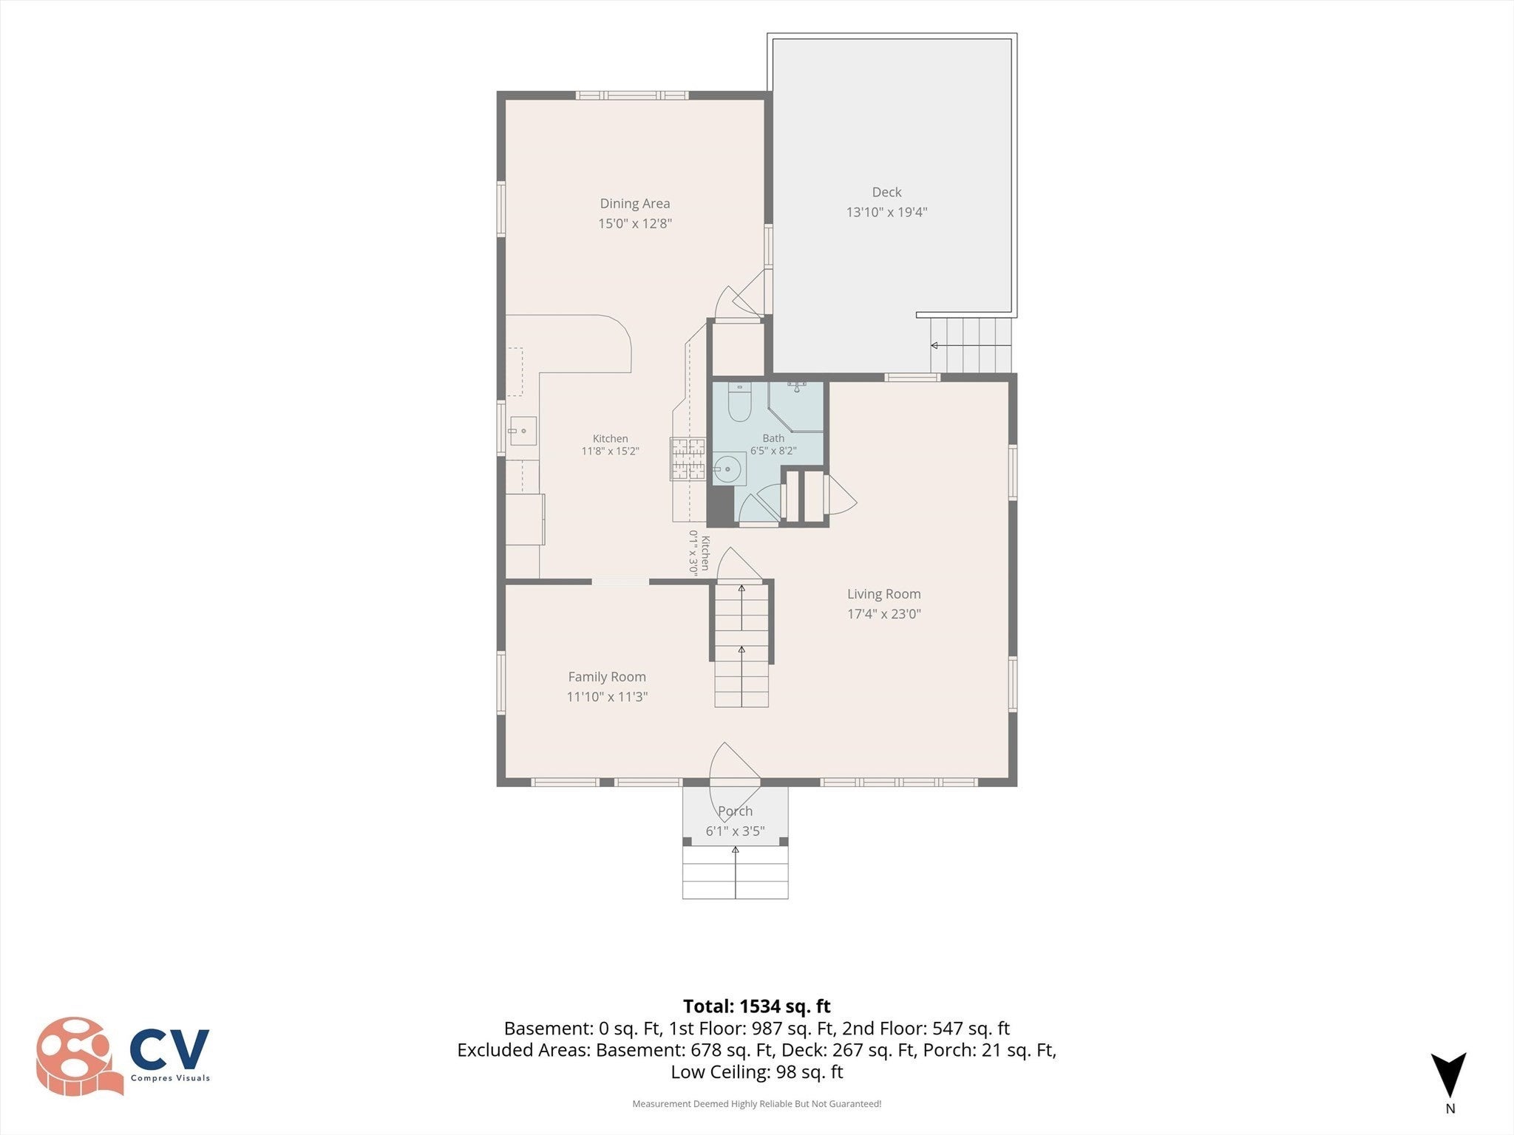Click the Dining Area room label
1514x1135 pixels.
[635, 203]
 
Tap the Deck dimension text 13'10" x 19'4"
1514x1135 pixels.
[886, 212]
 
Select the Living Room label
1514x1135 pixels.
[884, 594]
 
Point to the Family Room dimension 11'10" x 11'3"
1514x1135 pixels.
[607, 696]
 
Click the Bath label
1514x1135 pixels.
[773, 438]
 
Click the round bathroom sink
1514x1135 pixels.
[728, 468]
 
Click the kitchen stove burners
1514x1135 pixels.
[688, 459]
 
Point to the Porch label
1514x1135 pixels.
[735, 811]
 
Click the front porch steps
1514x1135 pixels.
[735, 873]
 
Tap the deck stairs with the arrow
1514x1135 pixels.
[971, 345]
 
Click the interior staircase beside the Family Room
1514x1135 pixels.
[741, 644]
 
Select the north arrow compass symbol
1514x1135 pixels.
[1449, 1075]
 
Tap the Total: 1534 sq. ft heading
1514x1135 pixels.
[756, 1006]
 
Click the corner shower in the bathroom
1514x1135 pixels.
[796, 406]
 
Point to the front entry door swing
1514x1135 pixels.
[734, 762]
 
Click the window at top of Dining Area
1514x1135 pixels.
[632, 95]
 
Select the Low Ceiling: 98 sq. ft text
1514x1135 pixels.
[756, 1071]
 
